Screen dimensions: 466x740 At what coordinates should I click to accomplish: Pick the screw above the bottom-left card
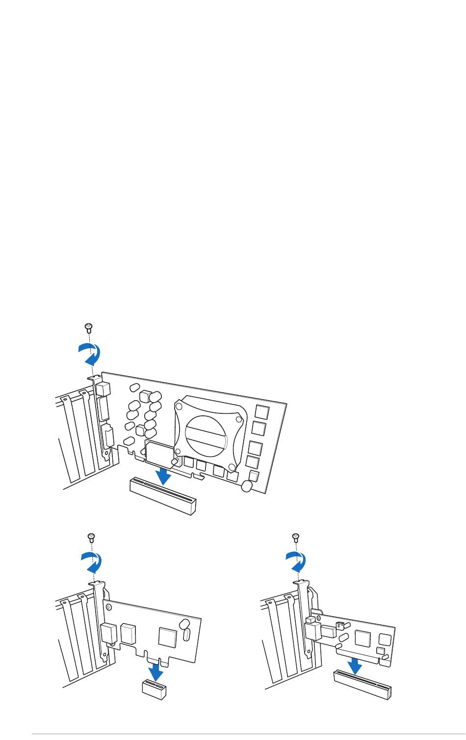90,537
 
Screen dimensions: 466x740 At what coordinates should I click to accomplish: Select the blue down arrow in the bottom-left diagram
155,671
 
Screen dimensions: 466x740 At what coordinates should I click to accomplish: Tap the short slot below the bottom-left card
154,689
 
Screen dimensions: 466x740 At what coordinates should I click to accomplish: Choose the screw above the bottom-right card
295,537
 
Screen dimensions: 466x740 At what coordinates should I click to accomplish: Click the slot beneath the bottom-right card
363,684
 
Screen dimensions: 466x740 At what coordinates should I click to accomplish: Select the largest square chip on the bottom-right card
363,638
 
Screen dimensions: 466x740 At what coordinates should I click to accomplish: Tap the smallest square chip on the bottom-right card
380,650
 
